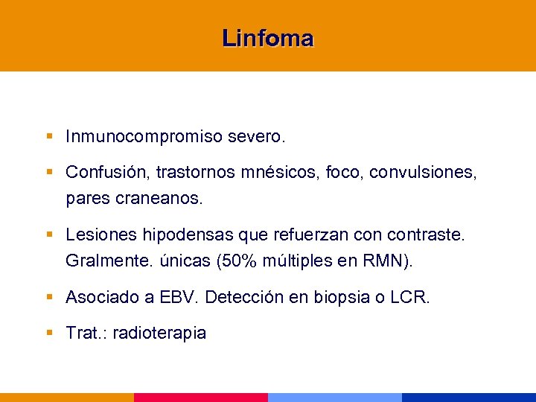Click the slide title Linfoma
(x=267, y=38)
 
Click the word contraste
(x=427, y=235)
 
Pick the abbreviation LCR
(x=410, y=298)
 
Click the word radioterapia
(x=159, y=333)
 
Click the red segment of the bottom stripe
(x=201, y=398)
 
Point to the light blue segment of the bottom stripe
(x=335, y=398)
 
